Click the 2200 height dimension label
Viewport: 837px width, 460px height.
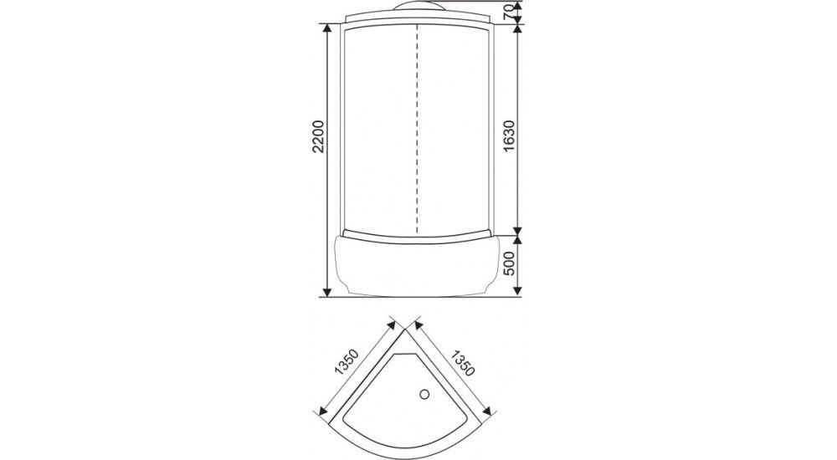coord(319,136)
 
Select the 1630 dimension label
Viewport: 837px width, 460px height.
coord(509,135)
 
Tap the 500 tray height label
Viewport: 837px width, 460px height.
coord(509,263)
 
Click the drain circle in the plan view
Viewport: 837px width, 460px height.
coord(425,395)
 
